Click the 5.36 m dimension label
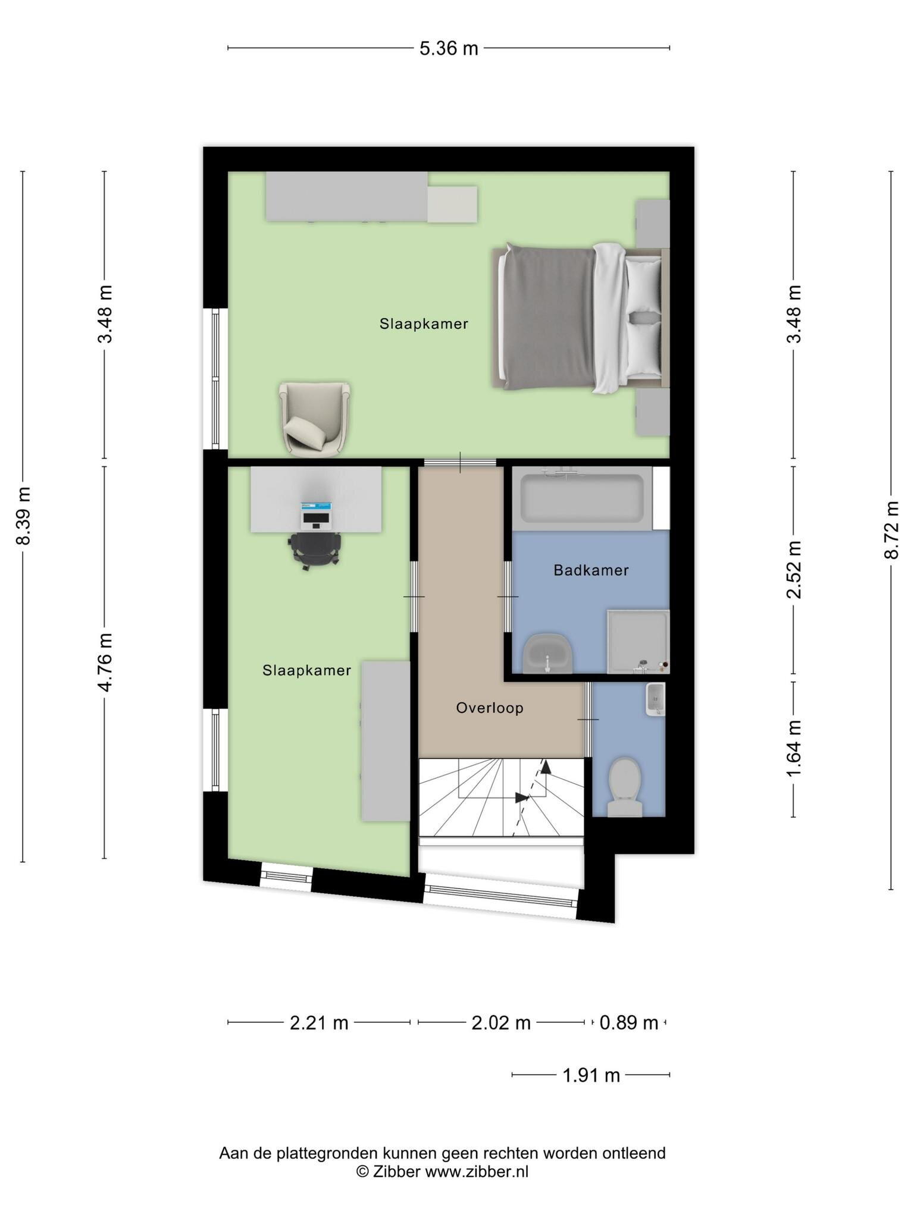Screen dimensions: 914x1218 (x=449, y=48)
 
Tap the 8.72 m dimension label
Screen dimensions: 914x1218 (x=891, y=530)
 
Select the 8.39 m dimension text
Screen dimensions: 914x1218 (x=23, y=516)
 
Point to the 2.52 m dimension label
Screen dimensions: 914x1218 (x=794, y=570)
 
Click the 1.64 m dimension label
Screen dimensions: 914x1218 (x=794, y=748)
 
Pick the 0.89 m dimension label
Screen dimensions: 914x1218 (x=629, y=1023)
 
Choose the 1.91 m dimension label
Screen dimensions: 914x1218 (x=591, y=1075)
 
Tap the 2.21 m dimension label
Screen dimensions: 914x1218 (x=319, y=1023)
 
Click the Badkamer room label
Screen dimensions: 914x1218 (x=591, y=570)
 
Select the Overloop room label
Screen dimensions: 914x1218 (x=490, y=708)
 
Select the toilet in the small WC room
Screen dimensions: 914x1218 (x=625, y=786)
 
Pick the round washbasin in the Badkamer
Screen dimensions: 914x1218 (x=547, y=653)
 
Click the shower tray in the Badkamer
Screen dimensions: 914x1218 (x=638, y=642)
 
